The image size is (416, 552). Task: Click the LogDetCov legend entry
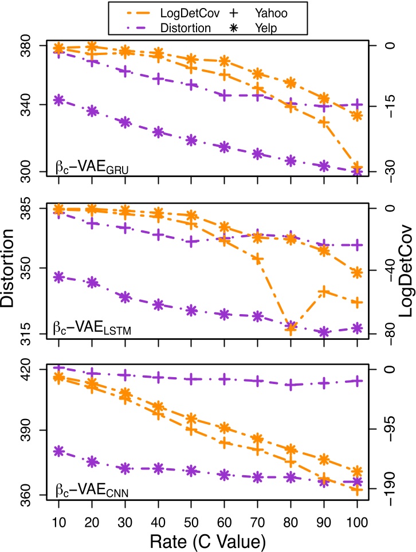coord(154,11)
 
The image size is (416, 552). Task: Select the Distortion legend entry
coord(154,26)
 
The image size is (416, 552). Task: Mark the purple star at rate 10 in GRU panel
coord(58,100)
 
